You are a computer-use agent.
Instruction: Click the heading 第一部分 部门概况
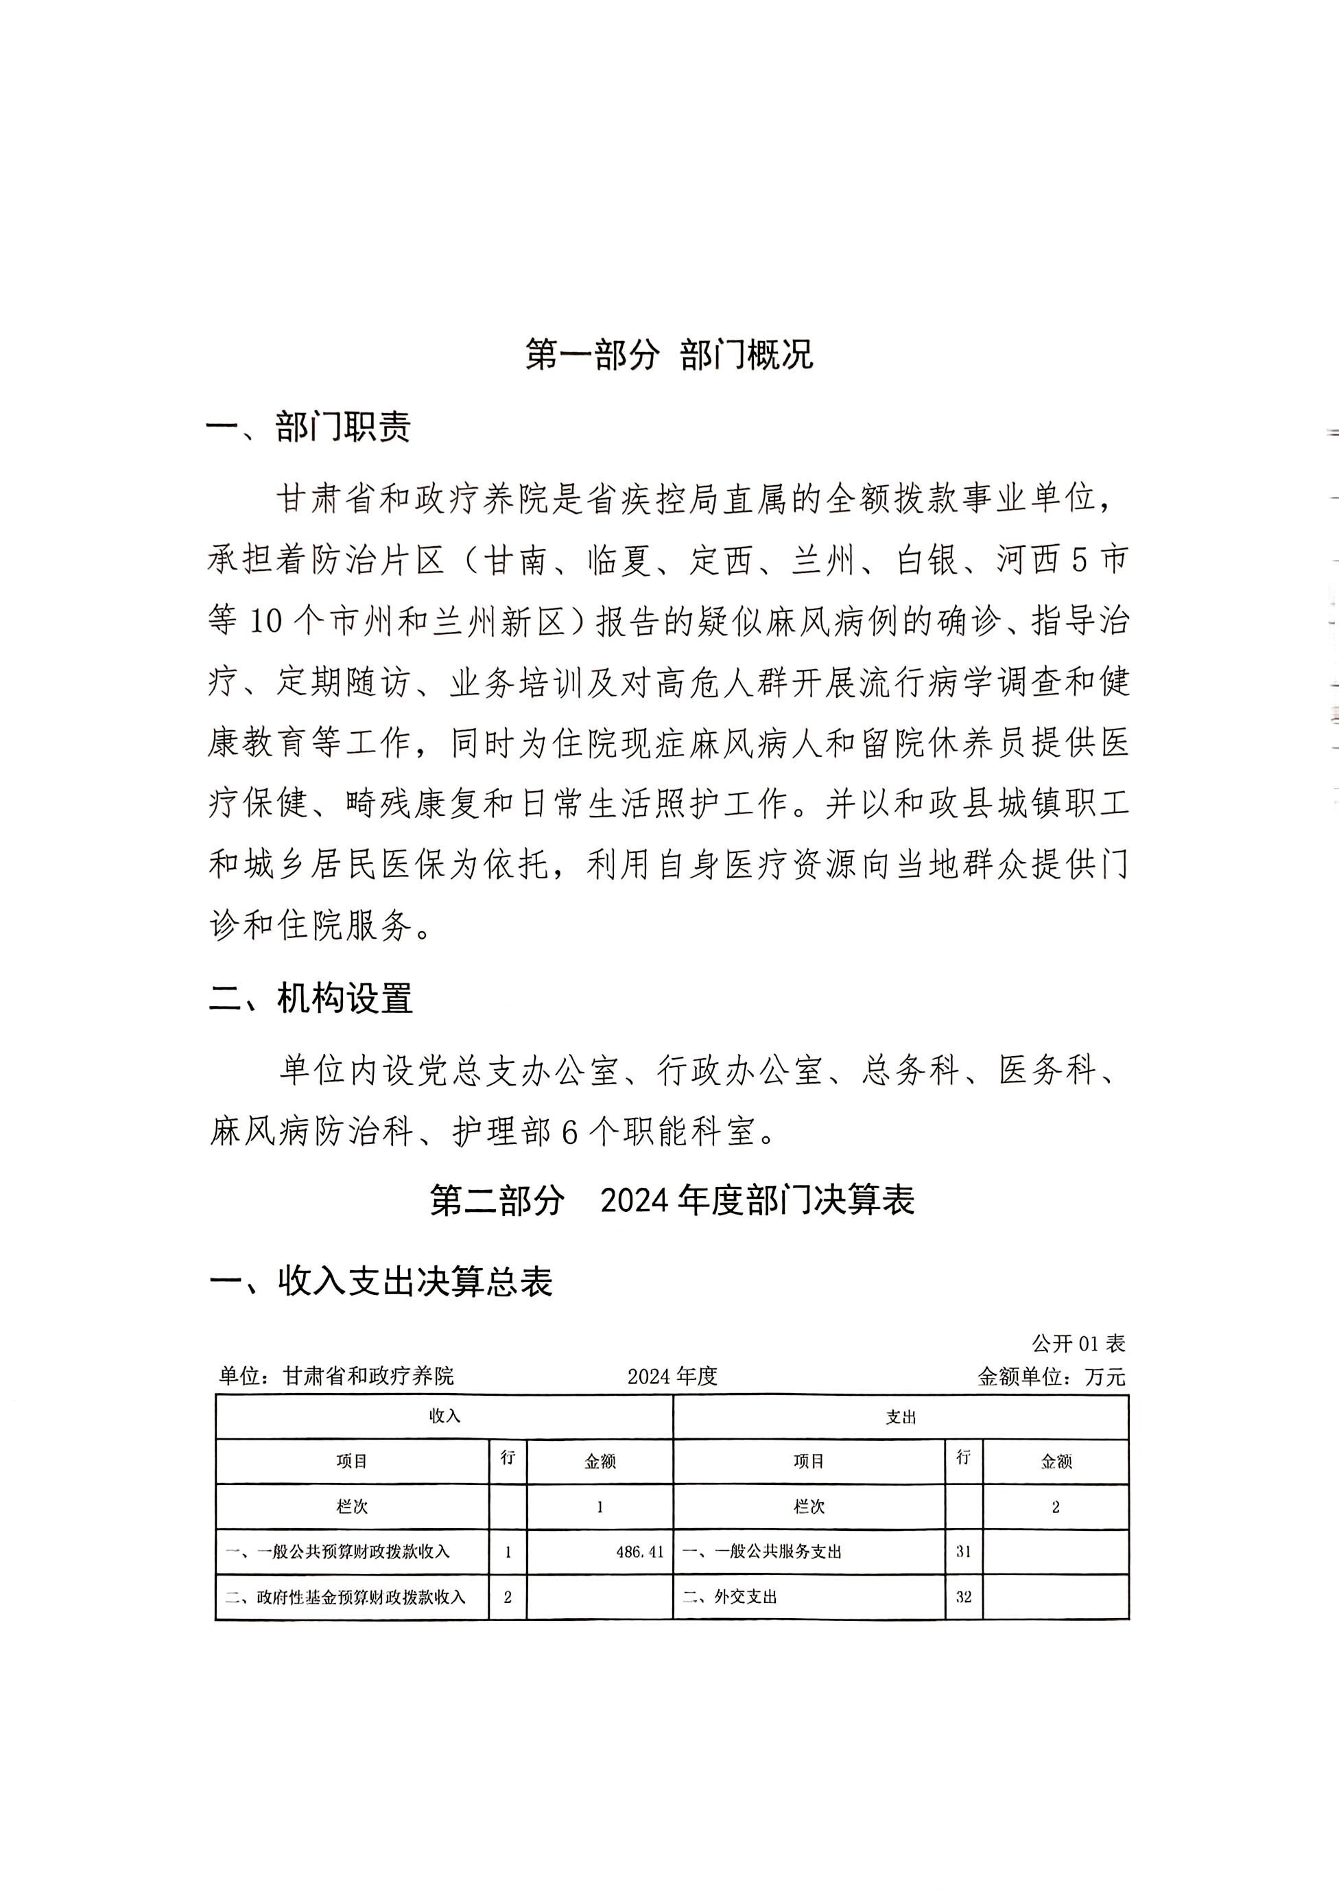pos(669,355)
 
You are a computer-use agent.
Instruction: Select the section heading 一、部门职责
pos(309,427)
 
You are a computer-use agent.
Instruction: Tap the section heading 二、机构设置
pos(310,998)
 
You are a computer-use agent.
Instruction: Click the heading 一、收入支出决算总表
pos(381,1282)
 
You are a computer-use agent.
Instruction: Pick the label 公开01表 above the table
pos(1078,1344)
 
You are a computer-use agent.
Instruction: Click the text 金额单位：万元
pos(1051,1377)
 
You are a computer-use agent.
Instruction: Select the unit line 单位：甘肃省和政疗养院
pos(336,1376)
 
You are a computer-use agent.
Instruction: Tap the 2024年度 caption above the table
pos(672,1377)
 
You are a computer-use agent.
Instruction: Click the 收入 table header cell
pos(444,1416)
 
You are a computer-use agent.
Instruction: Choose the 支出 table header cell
pos(901,1417)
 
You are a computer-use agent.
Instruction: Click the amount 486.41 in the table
pos(640,1552)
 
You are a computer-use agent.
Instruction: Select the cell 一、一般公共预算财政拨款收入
pos(337,1552)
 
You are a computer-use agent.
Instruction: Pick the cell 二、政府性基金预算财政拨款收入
pos(345,1597)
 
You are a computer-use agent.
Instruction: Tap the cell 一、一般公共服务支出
pos(761,1552)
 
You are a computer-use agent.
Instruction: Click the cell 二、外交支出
pos(730,1597)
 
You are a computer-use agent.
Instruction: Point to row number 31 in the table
pos(963,1552)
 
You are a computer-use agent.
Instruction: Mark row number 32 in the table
pos(963,1597)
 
